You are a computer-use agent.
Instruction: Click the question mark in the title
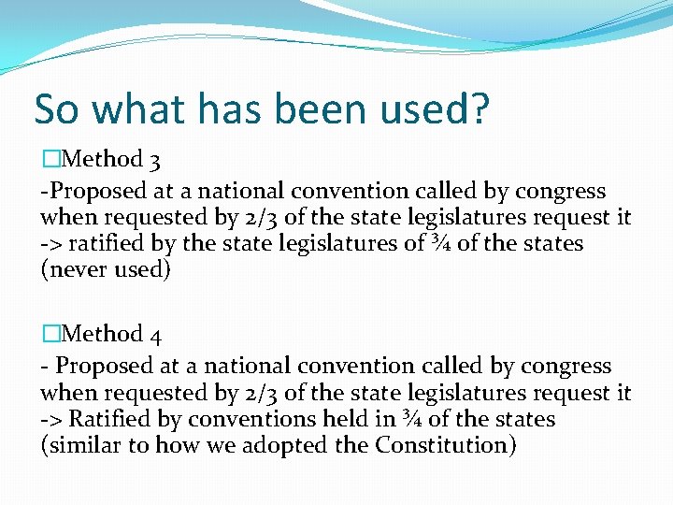[478, 109]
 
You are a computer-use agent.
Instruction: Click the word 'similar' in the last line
[83, 445]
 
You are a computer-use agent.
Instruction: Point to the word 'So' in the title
[57, 109]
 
